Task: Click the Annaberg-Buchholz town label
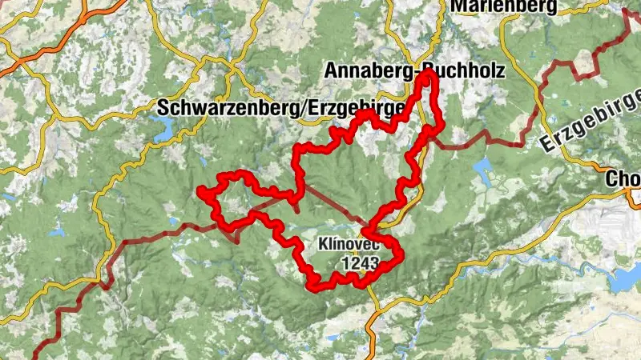[x=414, y=70]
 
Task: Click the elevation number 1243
[x=358, y=261]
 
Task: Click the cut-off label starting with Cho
[x=624, y=177]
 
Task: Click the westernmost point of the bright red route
[x=200, y=190]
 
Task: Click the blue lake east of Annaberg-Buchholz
[x=484, y=167]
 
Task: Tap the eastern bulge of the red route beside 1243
[x=398, y=254]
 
